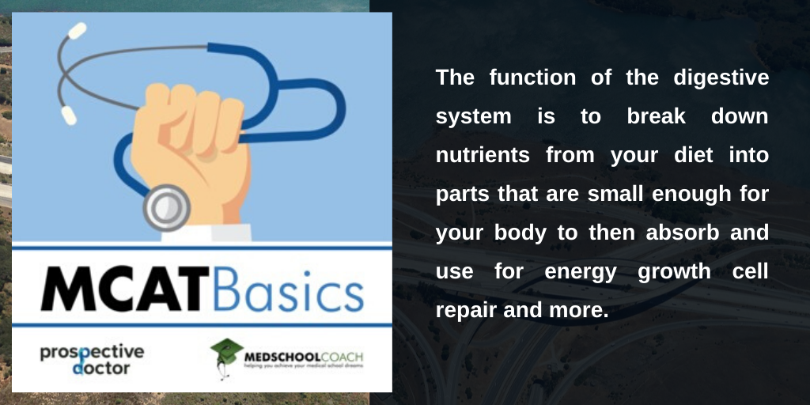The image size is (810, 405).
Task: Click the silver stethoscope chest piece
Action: [167, 207]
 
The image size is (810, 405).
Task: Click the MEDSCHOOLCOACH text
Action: [303, 357]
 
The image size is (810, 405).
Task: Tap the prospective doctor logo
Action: [92, 359]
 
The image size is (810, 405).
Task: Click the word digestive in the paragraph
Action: [721, 78]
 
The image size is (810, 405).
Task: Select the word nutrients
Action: [483, 155]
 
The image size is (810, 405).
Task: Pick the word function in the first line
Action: [532, 78]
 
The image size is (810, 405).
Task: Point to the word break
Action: [656, 116]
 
